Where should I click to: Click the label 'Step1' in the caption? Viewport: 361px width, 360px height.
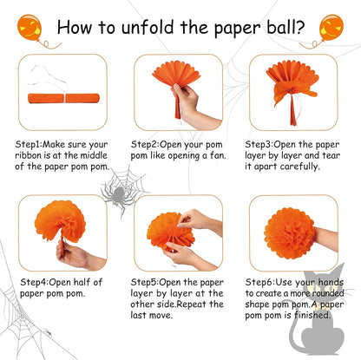point(28,144)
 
